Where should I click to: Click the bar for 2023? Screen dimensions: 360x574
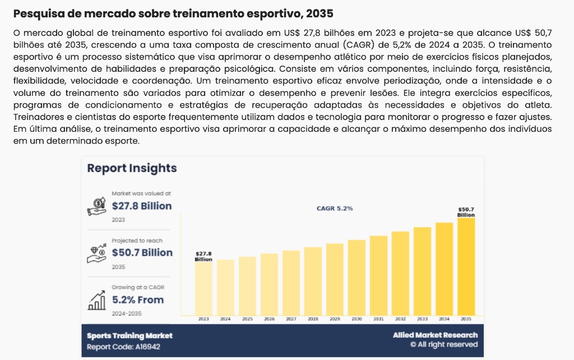(x=203, y=289)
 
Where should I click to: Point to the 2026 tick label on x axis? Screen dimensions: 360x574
(x=269, y=319)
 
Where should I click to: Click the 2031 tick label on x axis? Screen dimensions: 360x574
(x=378, y=319)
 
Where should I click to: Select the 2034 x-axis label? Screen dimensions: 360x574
(x=444, y=319)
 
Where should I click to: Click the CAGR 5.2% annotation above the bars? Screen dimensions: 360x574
(x=335, y=209)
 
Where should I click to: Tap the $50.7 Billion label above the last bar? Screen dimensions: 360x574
(x=466, y=212)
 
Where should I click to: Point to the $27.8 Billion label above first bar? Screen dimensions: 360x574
(x=203, y=257)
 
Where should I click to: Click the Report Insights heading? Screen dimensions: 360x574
(x=132, y=168)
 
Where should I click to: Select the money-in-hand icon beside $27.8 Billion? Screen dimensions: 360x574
(x=97, y=206)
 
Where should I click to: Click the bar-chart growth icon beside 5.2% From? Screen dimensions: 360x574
(x=97, y=300)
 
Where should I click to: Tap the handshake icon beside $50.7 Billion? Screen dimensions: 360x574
(x=97, y=253)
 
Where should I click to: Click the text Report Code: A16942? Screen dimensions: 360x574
(x=123, y=347)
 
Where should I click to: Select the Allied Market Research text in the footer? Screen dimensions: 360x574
(x=435, y=335)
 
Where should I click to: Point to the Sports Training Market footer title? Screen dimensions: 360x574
(x=129, y=335)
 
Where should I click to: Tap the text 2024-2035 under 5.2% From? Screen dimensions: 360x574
(x=126, y=313)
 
